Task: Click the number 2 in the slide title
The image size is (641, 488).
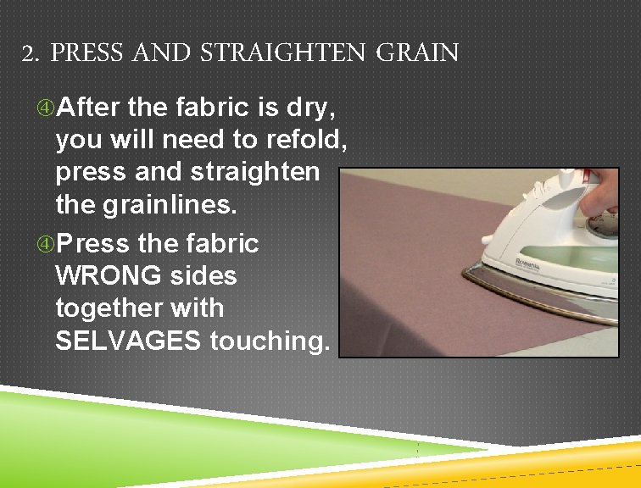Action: point(28,55)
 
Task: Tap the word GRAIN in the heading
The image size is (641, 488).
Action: point(416,54)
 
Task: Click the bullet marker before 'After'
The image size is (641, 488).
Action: point(44,108)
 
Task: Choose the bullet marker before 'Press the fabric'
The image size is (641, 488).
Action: point(44,245)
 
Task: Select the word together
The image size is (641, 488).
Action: point(104,308)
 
